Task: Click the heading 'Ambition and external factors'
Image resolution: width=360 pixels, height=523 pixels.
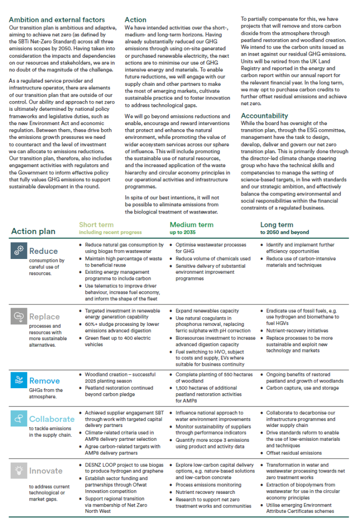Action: point(57,20)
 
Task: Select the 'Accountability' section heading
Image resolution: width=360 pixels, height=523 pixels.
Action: point(265,116)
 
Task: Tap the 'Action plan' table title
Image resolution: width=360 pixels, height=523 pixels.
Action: point(33,231)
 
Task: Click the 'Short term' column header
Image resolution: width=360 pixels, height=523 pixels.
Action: point(97,225)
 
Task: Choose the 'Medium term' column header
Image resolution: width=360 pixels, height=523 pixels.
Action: point(191,225)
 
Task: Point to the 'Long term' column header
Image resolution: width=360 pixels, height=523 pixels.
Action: point(277,225)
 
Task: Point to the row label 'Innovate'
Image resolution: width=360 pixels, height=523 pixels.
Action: point(46,471)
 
